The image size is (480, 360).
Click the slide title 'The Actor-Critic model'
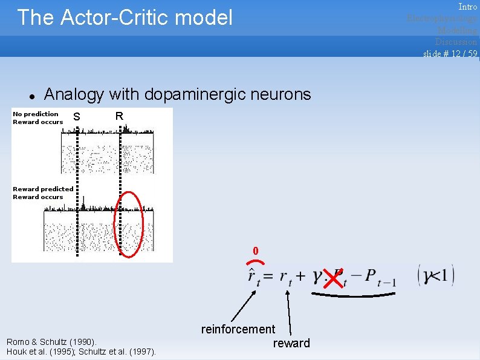[x=125, y=18]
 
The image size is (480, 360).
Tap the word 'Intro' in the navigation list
[x=467, y=7]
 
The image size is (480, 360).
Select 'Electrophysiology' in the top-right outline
[x=442, y=18]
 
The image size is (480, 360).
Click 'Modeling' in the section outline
[x=457, y=30]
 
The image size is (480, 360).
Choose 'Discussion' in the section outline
[x=456, y=42]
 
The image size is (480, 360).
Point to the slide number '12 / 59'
[x=462, y=53]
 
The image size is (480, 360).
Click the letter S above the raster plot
[x=76, y=117]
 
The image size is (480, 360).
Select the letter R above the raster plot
[x=119, y=116]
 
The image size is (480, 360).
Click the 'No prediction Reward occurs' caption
[x=37, y=118]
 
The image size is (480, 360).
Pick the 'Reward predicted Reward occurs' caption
[x=42, y=193]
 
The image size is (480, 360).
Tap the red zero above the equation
[x=256, y=250]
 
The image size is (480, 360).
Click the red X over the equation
[x=332, y=278]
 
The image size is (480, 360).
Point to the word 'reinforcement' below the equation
[x=238, y=329]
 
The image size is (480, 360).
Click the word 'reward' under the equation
[x=291, y=343]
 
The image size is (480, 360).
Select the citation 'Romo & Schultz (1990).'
[x=51, y=342]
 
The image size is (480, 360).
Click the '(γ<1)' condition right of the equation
[x=435, y=276]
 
